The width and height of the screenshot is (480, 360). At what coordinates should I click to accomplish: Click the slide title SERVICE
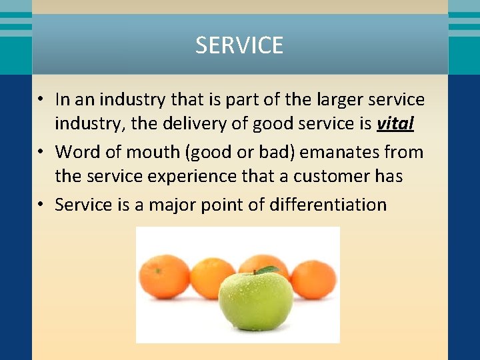point(239,45)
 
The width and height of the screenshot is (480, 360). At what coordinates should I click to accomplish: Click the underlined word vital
point(395,124)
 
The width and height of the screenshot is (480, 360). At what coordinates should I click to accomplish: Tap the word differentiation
point(327,204)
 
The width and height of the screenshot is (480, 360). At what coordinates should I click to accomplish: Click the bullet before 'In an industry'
point(41,100)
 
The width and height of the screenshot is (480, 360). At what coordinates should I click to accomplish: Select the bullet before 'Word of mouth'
point(41,152)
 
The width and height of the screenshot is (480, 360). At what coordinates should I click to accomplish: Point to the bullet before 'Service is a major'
point(41,204)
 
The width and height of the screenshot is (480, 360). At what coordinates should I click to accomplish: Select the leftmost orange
point(164,275)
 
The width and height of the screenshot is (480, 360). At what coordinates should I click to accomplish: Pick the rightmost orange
point(314,279)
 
